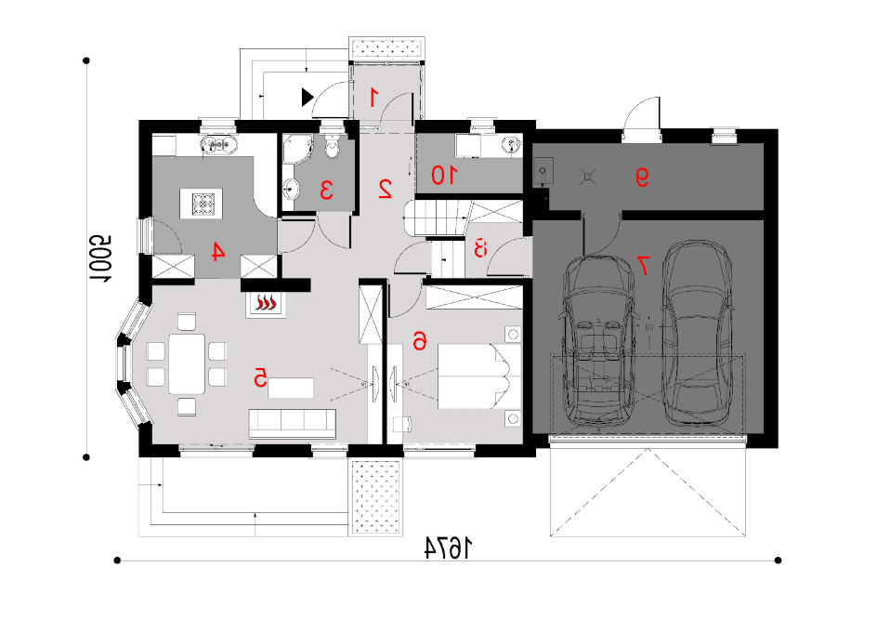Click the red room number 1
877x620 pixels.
point(373,98)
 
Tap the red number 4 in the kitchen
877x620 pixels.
point(217,252)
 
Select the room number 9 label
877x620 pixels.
point(642,178)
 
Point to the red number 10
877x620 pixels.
point(444,176)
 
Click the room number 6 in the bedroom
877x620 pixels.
point(420,339)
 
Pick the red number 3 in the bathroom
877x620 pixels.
point(327,190)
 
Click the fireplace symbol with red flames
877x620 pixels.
point(267,304)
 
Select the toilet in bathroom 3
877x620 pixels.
point(333,147)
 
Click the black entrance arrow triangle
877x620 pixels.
point(308,97)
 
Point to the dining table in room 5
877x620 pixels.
point(187,363)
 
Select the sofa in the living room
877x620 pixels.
point(293,424)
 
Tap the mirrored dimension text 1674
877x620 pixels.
point(448,548)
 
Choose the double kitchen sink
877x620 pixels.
point(218,145)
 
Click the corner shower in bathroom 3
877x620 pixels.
point(296,149)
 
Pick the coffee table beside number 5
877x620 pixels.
point(290,388)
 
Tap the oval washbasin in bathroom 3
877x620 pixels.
point(291,189)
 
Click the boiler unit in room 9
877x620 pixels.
point(543,171)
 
